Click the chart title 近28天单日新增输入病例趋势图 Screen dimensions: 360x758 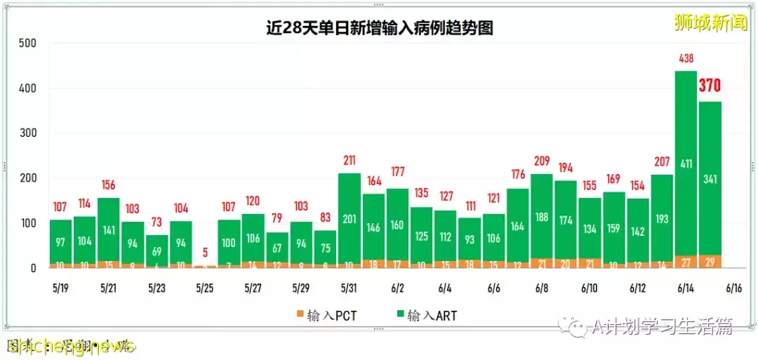point(379,28)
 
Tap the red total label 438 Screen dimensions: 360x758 point(686,59)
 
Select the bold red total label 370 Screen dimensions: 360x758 point(710,86)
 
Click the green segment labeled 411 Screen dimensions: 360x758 point(686,164)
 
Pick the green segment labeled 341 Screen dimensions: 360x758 point(710,179)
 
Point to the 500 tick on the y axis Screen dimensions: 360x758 point(27,44)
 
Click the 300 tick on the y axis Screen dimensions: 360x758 point(27,133)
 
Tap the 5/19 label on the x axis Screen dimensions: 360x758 point(61,288)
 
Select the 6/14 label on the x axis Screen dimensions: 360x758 point(686,288)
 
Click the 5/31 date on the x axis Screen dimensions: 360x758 point(349,288)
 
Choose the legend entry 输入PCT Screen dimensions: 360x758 point(326,316)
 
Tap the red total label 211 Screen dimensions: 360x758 point(349,161)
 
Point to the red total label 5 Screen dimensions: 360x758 point(204,253)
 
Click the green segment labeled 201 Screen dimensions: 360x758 point(349,219)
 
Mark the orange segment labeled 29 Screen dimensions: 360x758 point(710,261)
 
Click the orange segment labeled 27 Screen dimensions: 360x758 point(686,261)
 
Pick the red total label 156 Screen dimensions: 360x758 point(109,185)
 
